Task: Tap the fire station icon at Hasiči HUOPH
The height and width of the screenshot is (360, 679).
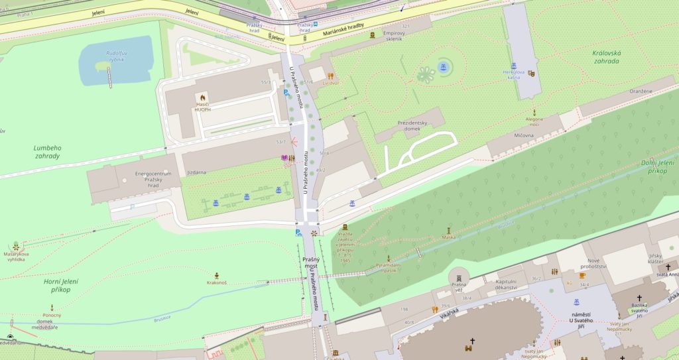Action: tap(202, 97)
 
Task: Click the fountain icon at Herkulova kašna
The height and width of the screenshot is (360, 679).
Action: tap(514, 66)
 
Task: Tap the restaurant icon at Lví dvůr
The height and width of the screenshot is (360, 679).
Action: tap(330, 76)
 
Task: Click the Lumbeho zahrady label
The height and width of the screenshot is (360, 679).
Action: tap(47, 152)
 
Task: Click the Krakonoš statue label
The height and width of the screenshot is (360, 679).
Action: tap(217, 282)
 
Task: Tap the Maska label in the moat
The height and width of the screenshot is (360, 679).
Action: tap(449, 237)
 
